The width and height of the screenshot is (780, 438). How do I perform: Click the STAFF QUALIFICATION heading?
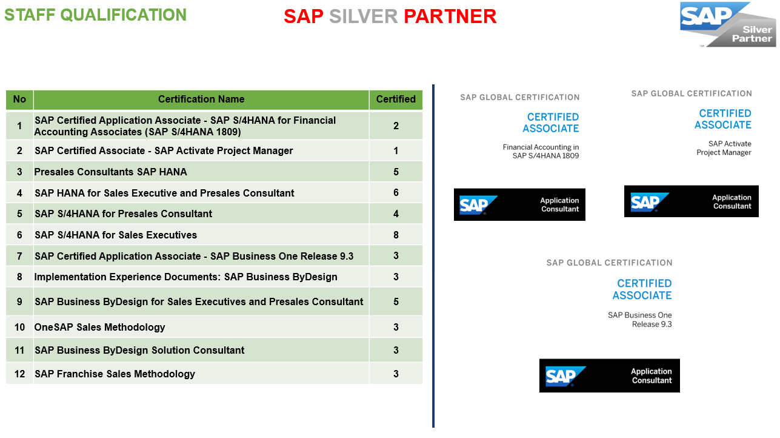point(95,15)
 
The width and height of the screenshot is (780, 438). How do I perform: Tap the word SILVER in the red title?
point(364,16)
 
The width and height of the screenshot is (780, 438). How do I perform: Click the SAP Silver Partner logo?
point(728,24)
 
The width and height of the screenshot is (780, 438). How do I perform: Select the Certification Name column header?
point(201,99)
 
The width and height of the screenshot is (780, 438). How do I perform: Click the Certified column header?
point(396,99)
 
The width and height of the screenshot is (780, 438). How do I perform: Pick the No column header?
point(19,99)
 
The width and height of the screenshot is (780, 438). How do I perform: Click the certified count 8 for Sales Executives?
point(396,235)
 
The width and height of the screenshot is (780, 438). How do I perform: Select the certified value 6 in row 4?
point(396,193)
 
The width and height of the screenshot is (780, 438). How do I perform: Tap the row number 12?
point(19,374)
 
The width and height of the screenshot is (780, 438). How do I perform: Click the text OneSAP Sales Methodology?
point(99,327)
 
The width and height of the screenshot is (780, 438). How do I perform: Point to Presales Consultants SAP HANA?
point(110,172)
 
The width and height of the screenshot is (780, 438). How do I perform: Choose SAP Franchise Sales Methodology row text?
point(115,374)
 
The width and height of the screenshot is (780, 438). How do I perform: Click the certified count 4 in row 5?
point(396,214)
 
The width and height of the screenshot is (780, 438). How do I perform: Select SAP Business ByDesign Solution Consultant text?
point(139,350)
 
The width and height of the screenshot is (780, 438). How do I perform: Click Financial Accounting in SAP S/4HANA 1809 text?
point(541,152)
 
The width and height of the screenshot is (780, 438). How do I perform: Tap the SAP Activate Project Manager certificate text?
point(724,148)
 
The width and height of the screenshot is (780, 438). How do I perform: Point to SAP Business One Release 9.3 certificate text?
point(640,320)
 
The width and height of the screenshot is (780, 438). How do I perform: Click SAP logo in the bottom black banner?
point(565,376)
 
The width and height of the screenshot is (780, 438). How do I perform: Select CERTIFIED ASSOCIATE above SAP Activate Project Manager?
point(723,119)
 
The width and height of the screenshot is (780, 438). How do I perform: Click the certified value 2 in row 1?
point(396,126)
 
